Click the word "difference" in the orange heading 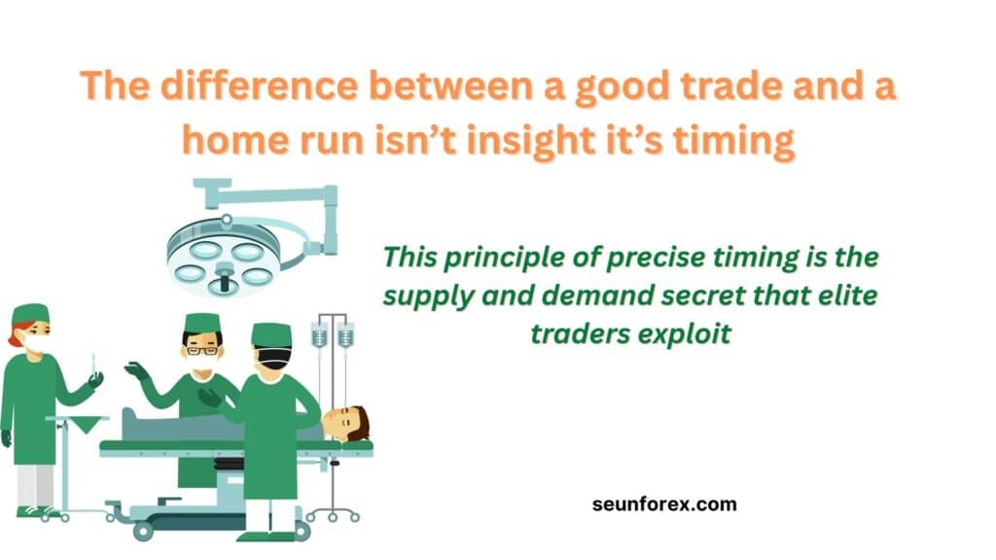pyautogui.click(x=259, y=86)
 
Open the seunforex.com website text pyautogui.click(x=664, y=505)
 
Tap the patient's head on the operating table pyautogui.click(x=346, y=422)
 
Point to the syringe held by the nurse pyautogui.click(x=93, y=367)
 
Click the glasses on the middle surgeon pyautogui.click(x=202, y=350)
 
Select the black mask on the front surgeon pyautogui.click(x=274, y=360)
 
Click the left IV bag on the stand pyautogui.click(x=319, y=335)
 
